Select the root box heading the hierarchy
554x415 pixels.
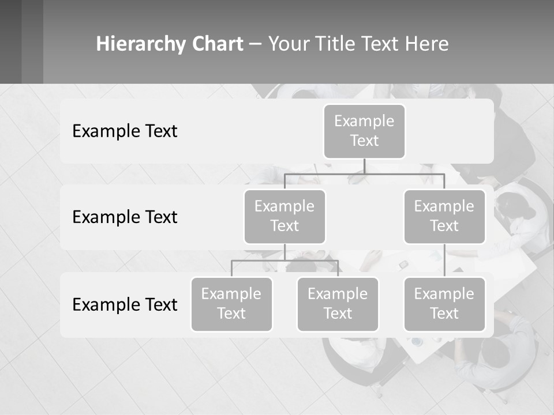tap(364, 131)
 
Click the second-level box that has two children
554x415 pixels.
tap(285, 216)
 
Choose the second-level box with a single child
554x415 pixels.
tap(444, 216)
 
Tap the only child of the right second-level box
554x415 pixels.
tap(444, 304)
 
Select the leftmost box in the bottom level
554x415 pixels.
tap(231, 304)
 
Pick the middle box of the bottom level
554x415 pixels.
tap(338, 304)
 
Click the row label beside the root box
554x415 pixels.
tap(125, 131)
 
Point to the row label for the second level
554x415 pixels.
tap(125, 217)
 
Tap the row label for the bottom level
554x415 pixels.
tap(125, 304)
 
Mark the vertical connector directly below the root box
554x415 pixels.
tap(364, 166)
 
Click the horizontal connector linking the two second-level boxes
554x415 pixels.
tap(364, 173)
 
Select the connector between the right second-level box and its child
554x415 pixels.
tap(444, 260)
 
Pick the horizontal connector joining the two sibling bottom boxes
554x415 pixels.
tap(285, 261)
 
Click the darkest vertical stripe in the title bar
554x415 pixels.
tap(10, 41)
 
